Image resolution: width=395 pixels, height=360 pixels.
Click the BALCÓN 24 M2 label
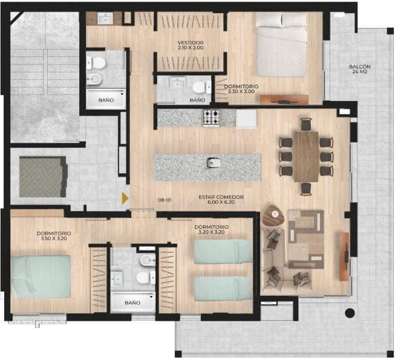coord(359,70)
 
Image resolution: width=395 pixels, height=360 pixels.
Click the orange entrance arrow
coord(125,197)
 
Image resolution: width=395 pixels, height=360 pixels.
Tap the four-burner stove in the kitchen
coord(211,117)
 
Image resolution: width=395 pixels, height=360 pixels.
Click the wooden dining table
coord(306,156)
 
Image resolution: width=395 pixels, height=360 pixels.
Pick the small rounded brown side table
coord(273,215)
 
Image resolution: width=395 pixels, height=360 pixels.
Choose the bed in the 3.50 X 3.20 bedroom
coord(41,276)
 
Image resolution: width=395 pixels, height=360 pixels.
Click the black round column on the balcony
coord(349,313)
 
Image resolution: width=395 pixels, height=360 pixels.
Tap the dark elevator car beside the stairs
coord(42,177)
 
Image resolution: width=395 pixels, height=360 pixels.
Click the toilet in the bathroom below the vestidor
coord(199,86)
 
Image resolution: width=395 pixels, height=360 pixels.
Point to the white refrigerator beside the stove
coord(246,118)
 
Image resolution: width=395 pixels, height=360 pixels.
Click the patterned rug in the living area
coord(305,239)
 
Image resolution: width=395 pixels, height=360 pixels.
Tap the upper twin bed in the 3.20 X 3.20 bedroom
coord(223,251)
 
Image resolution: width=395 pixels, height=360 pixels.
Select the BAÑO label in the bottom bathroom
coord(132,303)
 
